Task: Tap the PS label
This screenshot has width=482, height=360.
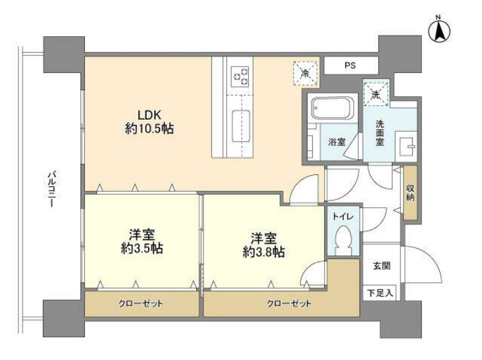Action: tap(350, 65)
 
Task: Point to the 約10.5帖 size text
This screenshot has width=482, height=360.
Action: tap(149, 129)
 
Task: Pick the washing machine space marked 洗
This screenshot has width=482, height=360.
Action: tap(375, 93)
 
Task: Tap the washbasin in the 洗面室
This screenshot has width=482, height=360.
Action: tap(407, 144)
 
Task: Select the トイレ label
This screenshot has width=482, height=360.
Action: tap(342, 215)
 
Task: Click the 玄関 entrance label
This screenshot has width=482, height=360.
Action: tap(382, 266)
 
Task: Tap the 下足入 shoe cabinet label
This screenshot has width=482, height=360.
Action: tap(381, 292)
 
